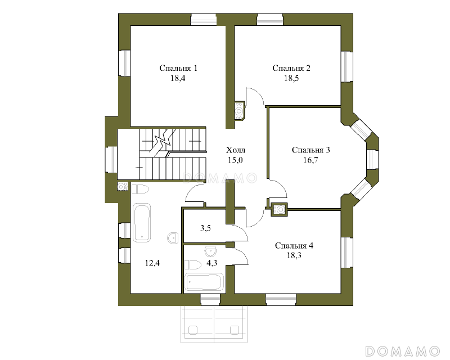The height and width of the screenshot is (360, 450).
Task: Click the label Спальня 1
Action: [x=178, y=68]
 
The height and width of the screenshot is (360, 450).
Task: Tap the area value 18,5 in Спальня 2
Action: [x=291, y=78]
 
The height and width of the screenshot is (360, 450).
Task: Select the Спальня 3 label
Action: [x=310, y=150]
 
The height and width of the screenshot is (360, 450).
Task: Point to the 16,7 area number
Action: [x=310, y=160]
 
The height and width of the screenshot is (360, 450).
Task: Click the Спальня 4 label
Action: [x=294, y=246]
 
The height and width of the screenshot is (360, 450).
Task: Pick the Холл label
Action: [x=236, y=150]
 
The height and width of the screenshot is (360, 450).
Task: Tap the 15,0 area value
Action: [x=235, y=160]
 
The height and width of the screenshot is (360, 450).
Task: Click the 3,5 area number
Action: [x=205, y=228]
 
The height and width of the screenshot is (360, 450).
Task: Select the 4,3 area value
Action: [x=212, y=263]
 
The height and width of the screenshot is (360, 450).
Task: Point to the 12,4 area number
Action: [x=152, y=263]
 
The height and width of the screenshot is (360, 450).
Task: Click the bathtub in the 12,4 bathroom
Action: [x=142, y=223]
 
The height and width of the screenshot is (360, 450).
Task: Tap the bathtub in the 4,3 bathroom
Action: [x=204, y=282]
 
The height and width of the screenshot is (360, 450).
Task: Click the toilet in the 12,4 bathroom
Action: [x=140, y=190]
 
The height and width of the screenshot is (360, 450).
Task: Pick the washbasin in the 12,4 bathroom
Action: [x=173, y=238]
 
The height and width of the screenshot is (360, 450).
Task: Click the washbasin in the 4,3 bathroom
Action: [x=211, y=251]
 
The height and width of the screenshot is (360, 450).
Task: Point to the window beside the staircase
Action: [x=111, y=160]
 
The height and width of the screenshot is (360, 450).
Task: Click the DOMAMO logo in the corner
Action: [x=402, y=351]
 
